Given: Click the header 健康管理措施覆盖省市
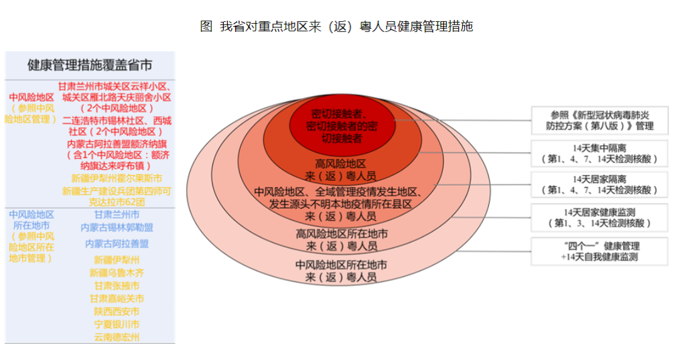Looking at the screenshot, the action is click(x=90, y=65).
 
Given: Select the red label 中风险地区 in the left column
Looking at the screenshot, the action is click(x=31, y=97).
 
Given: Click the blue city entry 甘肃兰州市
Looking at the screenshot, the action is click(x=117, y=214).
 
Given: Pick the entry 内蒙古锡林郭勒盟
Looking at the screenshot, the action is click(x=117, y=227).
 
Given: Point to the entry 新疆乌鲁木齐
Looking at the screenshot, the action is click(x=117, y=273).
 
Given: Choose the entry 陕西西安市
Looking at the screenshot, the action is click(x=117, y=312).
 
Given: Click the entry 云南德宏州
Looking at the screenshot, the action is click(x=117, y=337).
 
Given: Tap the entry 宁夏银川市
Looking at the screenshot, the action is click(x=117, y=324).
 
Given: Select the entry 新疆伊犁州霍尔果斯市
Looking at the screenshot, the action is click(x=117, y=178).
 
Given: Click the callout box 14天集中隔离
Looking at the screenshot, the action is click(x=599, y=153).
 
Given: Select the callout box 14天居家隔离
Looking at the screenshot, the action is click(x=599, y=184).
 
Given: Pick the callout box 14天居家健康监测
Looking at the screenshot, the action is click(x=599, y=218).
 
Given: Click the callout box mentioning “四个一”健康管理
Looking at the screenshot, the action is click(x=599, y=251).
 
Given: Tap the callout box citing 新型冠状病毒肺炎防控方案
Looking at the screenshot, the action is click(x=599, y=120).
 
